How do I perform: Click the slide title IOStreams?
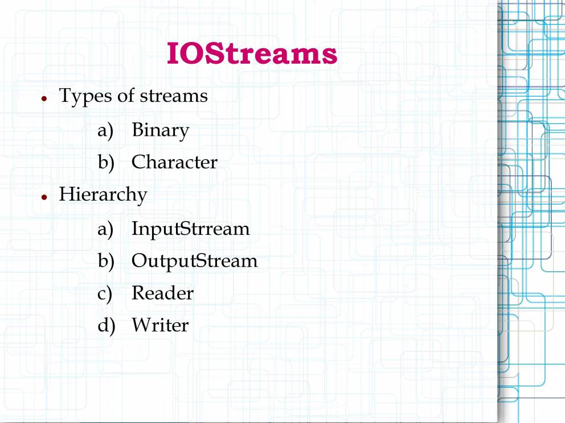click(x=252, y=53)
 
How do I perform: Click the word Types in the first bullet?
click(x=85, y=97)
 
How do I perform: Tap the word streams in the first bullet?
click(x=174, y=96)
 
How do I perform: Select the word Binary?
click(x=161, y=131)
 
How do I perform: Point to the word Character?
click(x=174, y=162)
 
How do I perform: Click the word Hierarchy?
click(x=103, y=196)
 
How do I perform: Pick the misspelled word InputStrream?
click(x=191, y=229)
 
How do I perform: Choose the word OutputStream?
click(x=195, y=261)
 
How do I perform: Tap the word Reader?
click(x=162, y=293)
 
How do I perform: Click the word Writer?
click(x=160, y=325)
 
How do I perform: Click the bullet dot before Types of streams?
click(x=44, y=98)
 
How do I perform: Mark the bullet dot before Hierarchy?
click(x=44, y=197)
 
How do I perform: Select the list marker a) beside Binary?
click(x=105, y=131)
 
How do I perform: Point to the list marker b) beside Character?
click(x=106, y=163)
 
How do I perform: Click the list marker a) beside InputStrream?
click(x=105, y=229)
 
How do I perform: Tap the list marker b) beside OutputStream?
click(x=106, y=261)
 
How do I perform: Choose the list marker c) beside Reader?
click(x=105, y=294)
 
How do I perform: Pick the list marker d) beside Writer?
click(x=107, y=326)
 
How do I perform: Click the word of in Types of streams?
click(x=126, y=96)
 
